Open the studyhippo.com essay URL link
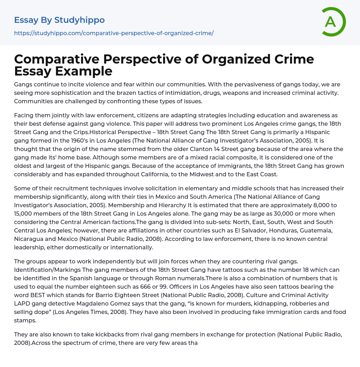114,33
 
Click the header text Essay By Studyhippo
59,20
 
